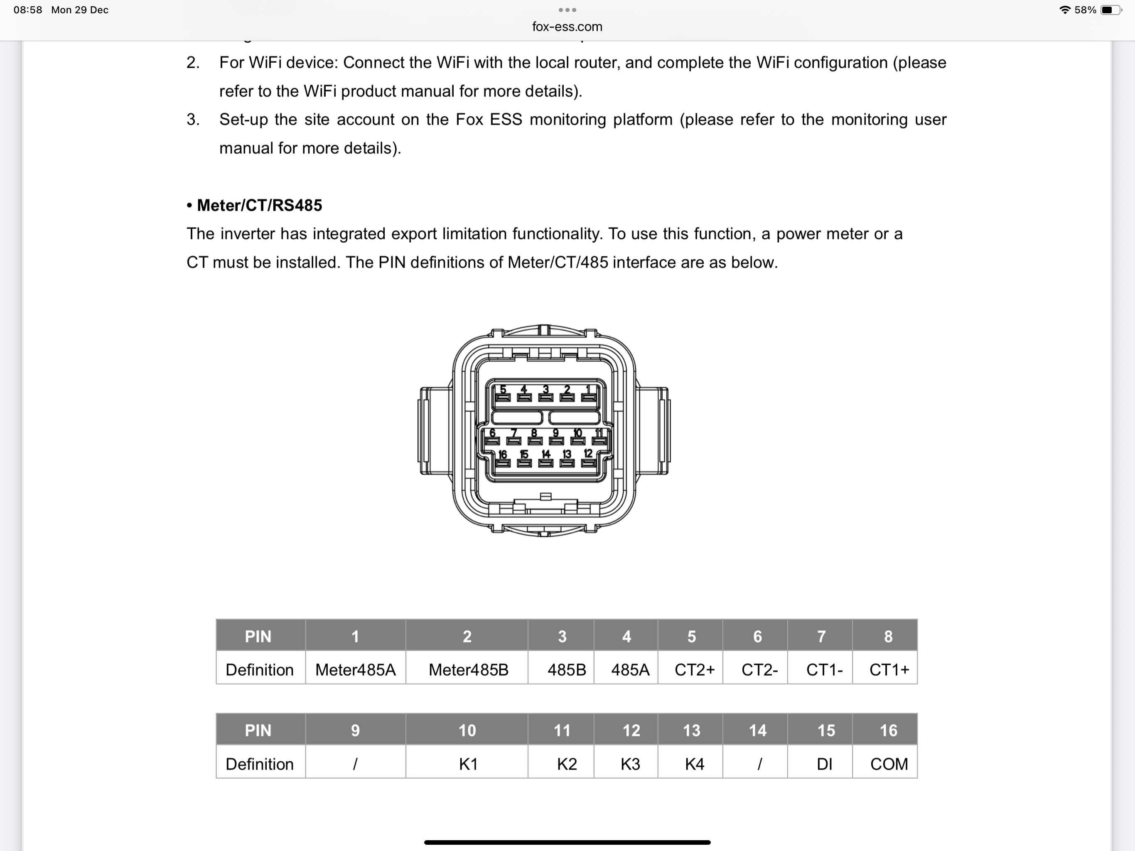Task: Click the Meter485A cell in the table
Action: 355,669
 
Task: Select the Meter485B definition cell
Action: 468,669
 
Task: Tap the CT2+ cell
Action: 694,669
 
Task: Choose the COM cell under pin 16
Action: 889,764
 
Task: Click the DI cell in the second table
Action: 824,764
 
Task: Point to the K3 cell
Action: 630,764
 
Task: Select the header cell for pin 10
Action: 467,730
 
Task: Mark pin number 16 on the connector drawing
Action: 502,454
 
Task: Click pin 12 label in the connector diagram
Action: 588,454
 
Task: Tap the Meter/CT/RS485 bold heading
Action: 259,205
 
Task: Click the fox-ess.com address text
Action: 567,27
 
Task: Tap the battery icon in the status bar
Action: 1111,10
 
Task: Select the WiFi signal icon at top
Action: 1064,10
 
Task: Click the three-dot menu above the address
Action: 567,10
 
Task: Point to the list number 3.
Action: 193,120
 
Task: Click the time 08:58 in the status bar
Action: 28,10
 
